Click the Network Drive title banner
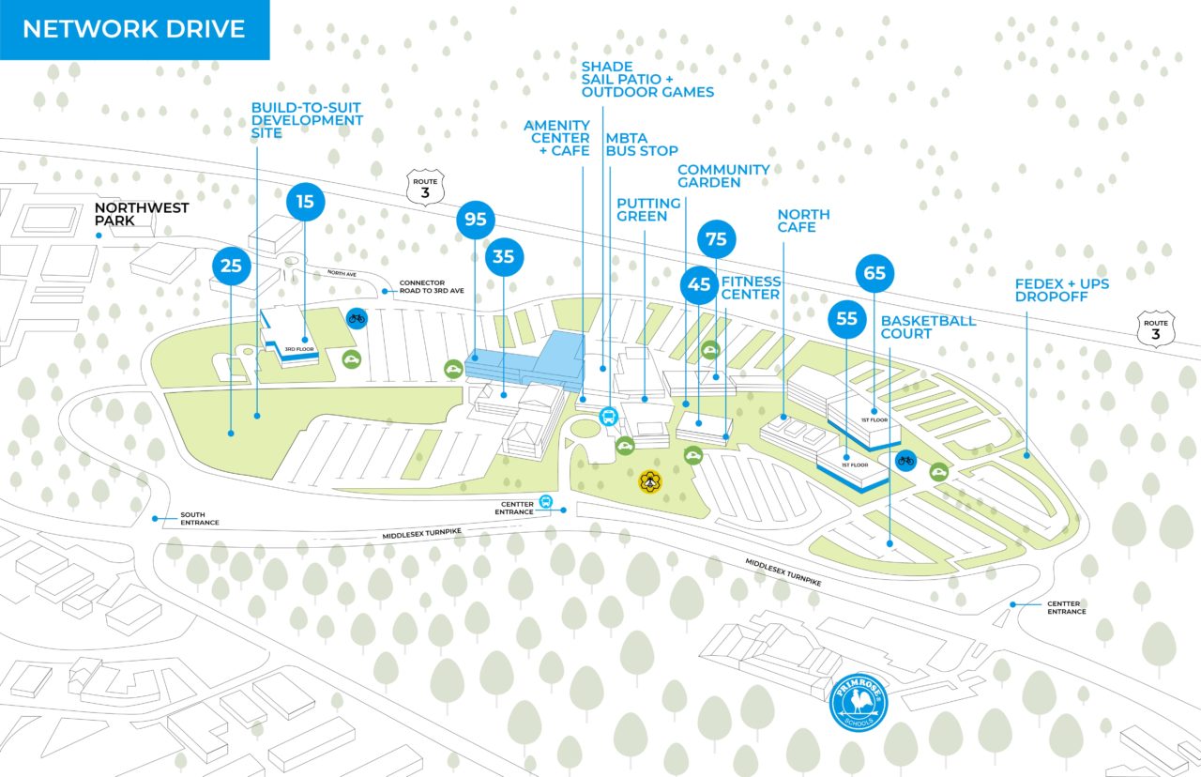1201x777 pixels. (134, 29)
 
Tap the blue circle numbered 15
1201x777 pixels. (305, 201)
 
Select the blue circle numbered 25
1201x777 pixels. (231, 266)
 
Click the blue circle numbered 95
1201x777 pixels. (476, 221)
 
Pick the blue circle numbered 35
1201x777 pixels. (504, 256)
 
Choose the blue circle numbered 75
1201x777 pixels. (716, 239)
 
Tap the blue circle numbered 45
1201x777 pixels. (699, 285)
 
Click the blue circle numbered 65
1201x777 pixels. (874, 274)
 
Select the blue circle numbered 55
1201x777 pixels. (846, 319)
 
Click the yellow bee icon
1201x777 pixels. (649, 482)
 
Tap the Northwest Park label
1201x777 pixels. (142, 214)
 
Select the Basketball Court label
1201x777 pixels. (928, 327)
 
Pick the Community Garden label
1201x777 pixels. (723, 175)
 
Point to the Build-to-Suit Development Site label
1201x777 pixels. (307, 120)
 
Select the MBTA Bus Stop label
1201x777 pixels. (641, 144)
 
